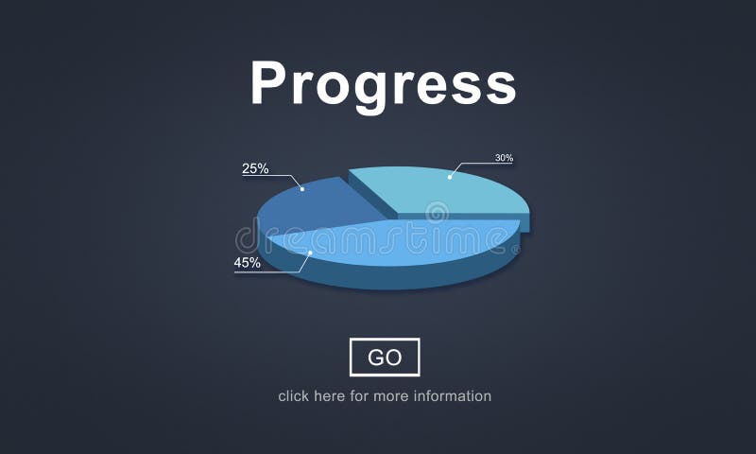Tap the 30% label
click(x=504, y=158)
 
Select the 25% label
click(x=255, y=169)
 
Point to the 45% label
click(x=248, y=263)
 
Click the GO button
click(x=385, y=357)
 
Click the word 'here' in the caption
click(x=331, y=396)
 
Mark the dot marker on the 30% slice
click(x=451, y=176)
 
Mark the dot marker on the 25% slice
click(x=302, y=189)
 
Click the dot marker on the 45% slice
click(x=310, y=253)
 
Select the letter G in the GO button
click(x=375, y=357)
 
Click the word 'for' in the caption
click(x=359, y=396)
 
